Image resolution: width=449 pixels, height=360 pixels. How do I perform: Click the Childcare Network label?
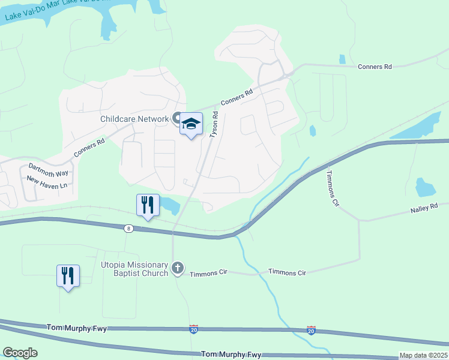(x=134, y=119)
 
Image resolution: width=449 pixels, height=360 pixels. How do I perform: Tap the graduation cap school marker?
(x=191, y=124)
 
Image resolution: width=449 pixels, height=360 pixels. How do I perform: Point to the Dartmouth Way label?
(x=49, y=169)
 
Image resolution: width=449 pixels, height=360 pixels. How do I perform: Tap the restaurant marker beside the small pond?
(x=147, y=205)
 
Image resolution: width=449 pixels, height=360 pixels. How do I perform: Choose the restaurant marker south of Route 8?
(x=68, y=276)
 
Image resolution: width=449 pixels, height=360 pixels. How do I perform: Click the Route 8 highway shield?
(x=128, y=228)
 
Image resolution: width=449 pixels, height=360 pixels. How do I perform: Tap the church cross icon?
(x=178, y=268)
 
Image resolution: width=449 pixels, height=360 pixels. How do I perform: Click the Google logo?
(x=20, y=353)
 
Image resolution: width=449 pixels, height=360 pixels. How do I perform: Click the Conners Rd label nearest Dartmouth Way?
(x=89, y=148)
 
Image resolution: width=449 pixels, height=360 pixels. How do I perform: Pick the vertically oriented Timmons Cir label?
(x=333, y=188)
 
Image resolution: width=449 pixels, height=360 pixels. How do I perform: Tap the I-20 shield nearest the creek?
(x=310, y=330)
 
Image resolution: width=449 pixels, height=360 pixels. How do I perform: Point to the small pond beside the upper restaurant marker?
(x=170, y=206)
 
